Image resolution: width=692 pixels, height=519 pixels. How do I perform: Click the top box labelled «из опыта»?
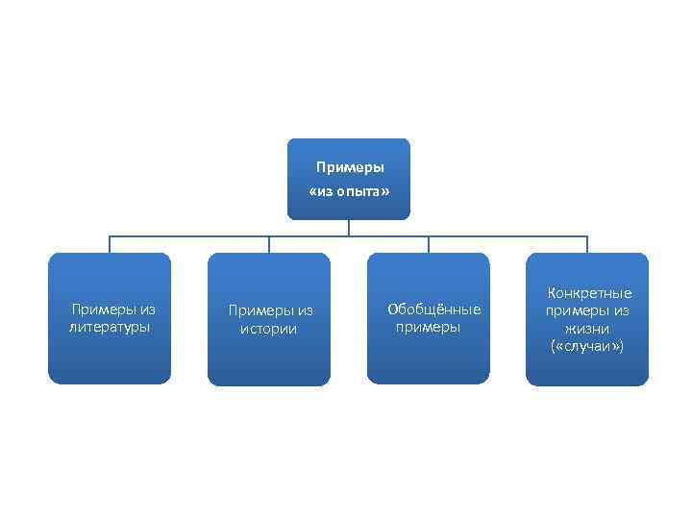click(349, 179)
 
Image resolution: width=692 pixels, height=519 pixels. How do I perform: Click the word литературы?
click(110, 327)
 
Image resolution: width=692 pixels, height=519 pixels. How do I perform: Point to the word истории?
click(269, 329)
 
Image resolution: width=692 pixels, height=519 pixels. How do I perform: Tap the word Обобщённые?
click(433, 309)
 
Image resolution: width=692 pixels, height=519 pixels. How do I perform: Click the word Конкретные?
click(589, 293)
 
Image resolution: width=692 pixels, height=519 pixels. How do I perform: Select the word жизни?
click(588, 328)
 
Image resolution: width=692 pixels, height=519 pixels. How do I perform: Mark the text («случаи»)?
click(588, 345)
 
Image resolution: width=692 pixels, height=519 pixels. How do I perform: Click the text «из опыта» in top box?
click(349, 192)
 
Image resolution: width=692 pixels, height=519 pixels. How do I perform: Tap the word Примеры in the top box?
click(350, 167)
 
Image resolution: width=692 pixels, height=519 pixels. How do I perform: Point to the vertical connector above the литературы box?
click(110, 244)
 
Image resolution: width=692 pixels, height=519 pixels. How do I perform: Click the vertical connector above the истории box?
click(269, 244)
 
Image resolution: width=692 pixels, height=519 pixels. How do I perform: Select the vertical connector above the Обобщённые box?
click(429, 244)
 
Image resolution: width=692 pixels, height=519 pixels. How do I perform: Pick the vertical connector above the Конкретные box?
click(587, 244)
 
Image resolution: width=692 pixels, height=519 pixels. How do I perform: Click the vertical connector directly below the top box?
click(349, 228)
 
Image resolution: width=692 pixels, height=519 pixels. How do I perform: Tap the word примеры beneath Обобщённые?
click(429, 327)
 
